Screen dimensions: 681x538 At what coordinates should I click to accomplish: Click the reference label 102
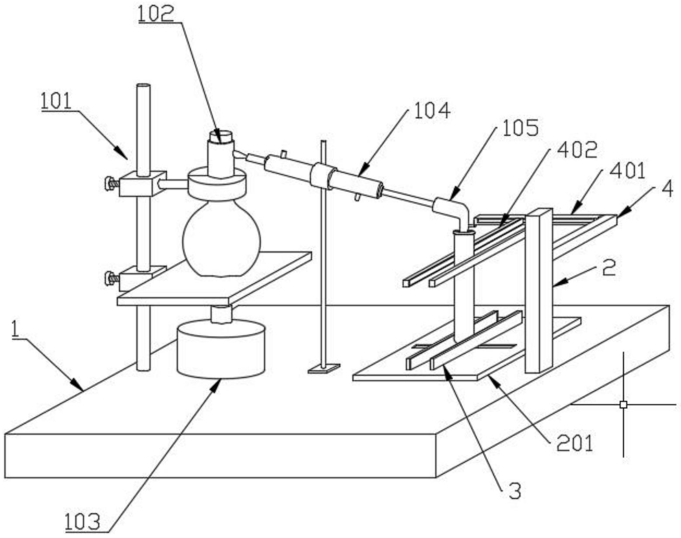(x=156, y=14)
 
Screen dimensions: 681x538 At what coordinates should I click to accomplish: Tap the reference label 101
(x=56, y=101)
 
